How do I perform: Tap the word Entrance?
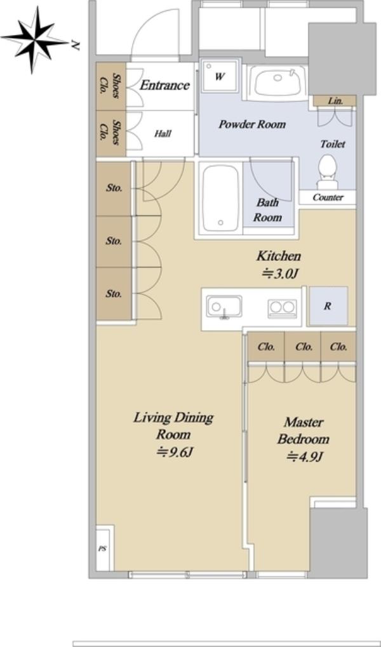pyautogui.click(x=164, y=86)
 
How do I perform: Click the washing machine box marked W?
pyautogui.click(x=220, y=77)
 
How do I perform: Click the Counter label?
pyautogui.click(x=328, y=197)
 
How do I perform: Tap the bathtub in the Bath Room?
pyautogui.click(x=221, y=198)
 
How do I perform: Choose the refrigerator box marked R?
pyautogui.click(x=328, y=306)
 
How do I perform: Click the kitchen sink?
pyautogui.click(x=224, y=307)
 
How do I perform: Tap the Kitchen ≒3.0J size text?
pyautogui.click(x=279, y=265)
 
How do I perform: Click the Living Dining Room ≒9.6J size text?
pyautogui.click(x=173, y=434)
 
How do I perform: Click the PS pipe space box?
pyautogui.click(x=103, y=549)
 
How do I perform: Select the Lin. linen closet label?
pyautogui.click(x=335, y=101)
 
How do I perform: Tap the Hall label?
pyautogui.click(x=163, y=134)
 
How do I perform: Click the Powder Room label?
pyautogui.click(x=252, y=124)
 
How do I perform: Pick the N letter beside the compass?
pyautogui.click(x=75, y=44)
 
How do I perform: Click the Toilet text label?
pyautogui.click(x=333, y=144)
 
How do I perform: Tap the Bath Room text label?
pyautogui.click(x=267, y=210)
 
